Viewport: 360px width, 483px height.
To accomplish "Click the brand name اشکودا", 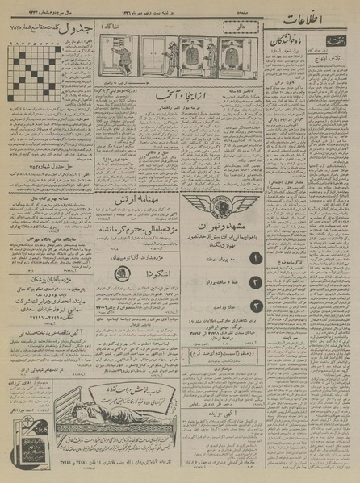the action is click(x=143, y=272).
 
